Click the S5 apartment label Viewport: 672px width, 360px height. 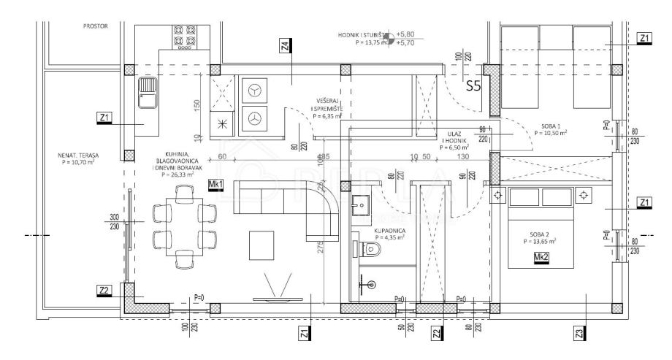[x=474, y=86]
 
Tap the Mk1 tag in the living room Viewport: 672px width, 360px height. [x=215, y=183]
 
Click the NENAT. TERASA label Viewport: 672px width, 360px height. [x=78, y=158]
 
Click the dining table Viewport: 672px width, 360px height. [x=184, y=225]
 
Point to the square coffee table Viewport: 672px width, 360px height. [x=262, y=244]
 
